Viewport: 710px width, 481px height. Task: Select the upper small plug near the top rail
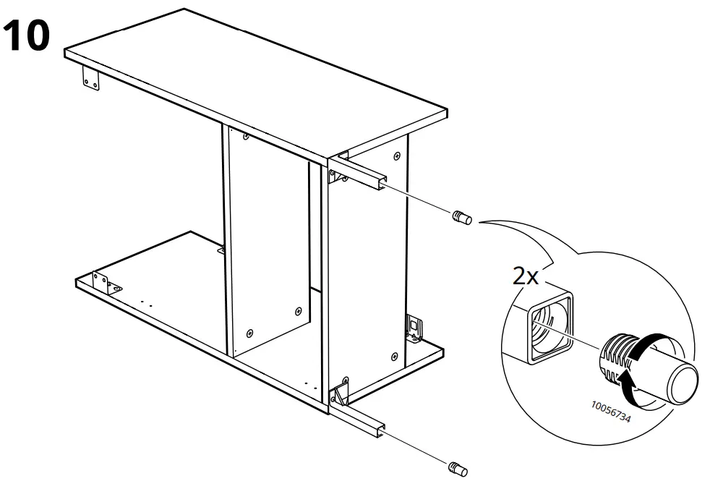pos(461,217)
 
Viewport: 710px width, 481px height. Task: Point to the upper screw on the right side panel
pos(397,156)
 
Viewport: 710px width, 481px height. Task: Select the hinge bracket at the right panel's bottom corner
pos(414,327)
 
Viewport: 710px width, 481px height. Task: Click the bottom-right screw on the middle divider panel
pos(298,310)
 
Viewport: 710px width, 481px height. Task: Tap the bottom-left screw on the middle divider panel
pos(250,333)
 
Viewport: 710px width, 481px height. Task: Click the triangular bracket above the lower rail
pos(339,394)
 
